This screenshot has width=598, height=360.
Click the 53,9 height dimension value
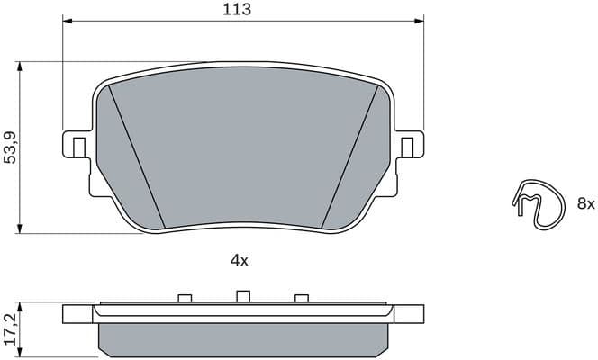click(x=10, y=146)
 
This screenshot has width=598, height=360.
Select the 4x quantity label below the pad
click(x=239, y=260)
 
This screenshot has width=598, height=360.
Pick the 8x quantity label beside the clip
click(x=585, y=204)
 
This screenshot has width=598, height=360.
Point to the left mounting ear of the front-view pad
click(x=77, y=146)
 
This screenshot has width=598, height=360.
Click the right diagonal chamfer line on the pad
click(x=349, y=158)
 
